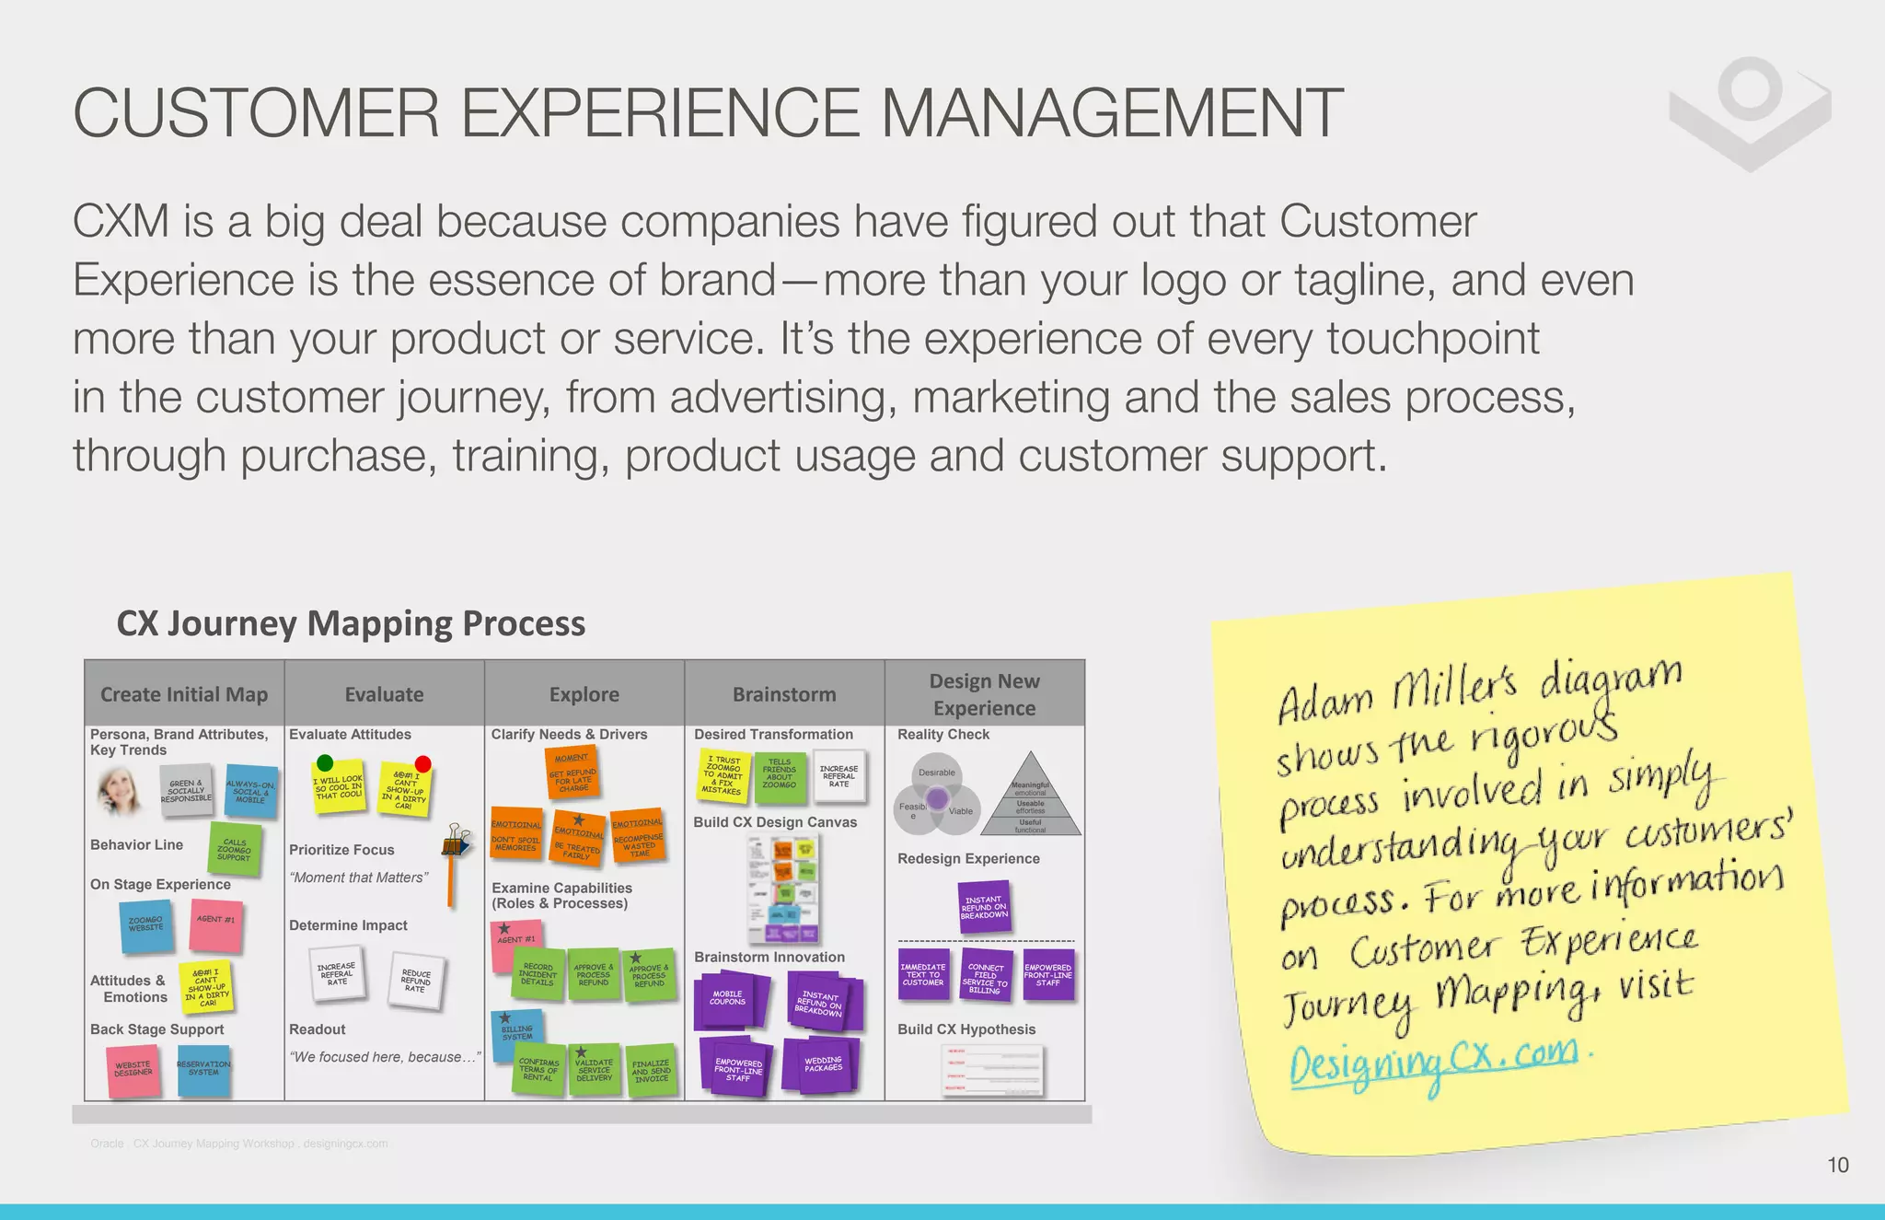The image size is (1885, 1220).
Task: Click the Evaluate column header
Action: click(384, 694)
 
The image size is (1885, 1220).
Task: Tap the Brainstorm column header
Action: click(784, 694)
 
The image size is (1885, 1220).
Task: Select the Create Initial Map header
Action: click(184, 694)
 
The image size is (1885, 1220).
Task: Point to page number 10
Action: click(1837, 1165)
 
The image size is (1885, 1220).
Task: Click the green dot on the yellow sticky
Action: click(325, 762)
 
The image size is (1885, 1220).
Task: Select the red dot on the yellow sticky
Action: click(422, 763)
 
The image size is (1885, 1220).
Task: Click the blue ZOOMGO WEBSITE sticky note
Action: click(146, 925)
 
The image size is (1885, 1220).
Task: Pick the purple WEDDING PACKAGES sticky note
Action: click(823, 1065)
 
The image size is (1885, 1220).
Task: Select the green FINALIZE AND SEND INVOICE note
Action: click(651, 1071)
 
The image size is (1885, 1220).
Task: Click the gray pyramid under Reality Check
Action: click(1030, 797)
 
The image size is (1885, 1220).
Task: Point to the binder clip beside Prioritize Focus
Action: click(457, 840)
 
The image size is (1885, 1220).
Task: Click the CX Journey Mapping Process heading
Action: click(351, 623)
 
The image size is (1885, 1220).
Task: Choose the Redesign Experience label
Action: click(968, 858)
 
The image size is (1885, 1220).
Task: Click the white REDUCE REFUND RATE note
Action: click(416, 982)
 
